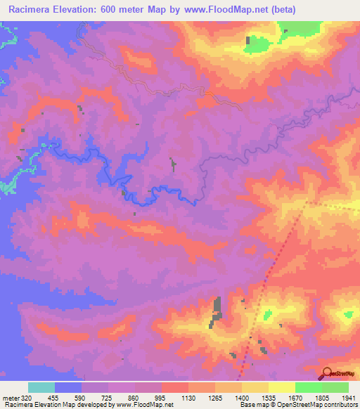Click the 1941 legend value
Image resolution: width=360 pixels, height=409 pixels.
[x=348, y=397]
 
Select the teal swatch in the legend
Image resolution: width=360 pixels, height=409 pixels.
[x=41, y=387]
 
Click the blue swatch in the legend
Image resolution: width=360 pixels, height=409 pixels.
[x=68, y=387]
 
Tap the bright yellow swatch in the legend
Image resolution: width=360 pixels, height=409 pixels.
[x=282, y=387]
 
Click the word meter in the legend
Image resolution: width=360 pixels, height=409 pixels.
[x=10, y=397]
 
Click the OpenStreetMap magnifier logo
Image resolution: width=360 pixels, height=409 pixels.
[x=327, y=373]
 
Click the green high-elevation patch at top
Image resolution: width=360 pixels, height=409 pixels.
[x=259, y=44]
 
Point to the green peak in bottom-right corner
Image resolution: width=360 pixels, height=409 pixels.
[x=347, y=316]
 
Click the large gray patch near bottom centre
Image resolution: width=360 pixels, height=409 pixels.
[x=217, y=309]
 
